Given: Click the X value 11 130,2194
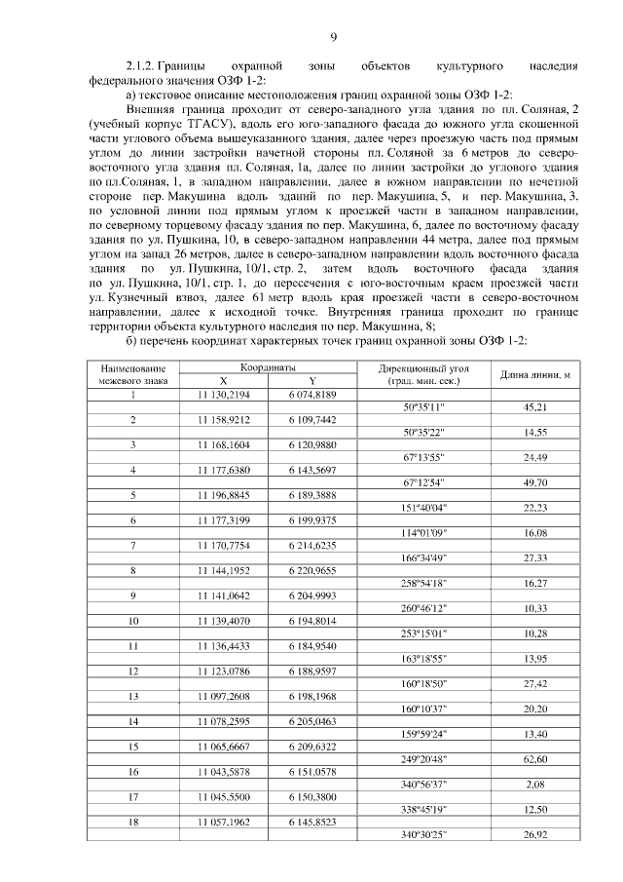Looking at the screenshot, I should click(x=224, y=394).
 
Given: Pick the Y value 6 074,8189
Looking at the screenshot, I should click(x=312, y=394).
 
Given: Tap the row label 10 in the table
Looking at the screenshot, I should click(x=133, y=622).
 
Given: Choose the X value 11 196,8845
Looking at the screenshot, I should click(x=224, y=495).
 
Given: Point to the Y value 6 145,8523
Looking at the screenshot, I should click(x=312, y=823).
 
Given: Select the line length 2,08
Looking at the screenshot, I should click(x=534, y=784).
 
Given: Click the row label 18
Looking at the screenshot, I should click(x=133, y=823).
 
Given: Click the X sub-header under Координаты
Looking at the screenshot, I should click(x=224, y=381).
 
